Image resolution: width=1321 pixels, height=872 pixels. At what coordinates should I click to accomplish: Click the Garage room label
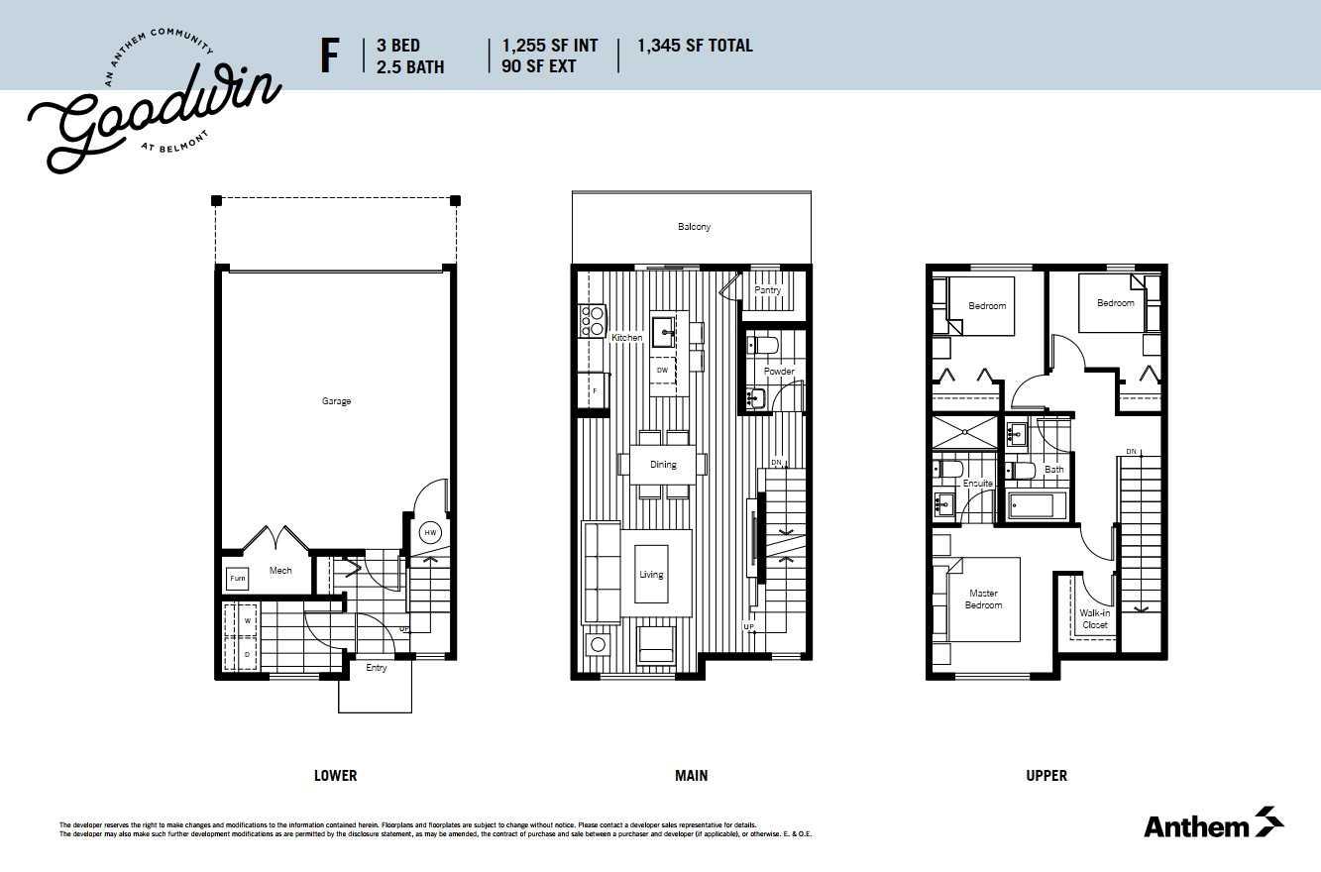click(x=336, y=401)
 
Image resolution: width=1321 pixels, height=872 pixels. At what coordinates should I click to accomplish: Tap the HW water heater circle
click(x=429, y=532)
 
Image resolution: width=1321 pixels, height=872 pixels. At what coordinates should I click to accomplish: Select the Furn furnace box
click(x=237, y=578)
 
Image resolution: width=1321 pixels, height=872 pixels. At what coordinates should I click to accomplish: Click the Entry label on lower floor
click(x=377, y=668)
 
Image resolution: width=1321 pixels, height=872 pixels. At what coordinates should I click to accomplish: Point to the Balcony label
click(x=694, y=227)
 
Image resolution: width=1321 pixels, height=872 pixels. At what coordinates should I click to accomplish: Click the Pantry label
click(x=767, y=290)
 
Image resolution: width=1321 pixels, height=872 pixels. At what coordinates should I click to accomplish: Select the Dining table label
click(x=663, y=464)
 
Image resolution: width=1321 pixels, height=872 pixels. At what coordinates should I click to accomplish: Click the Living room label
click(x=651, y=575)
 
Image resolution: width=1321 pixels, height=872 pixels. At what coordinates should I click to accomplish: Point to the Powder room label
click(x=779, y=372)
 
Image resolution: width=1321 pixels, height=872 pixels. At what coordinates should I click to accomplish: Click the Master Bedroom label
click(x=984, y=599)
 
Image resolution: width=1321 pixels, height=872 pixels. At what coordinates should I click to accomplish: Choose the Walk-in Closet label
click(x=1094, y=619)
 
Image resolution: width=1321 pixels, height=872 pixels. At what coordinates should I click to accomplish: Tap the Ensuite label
click(x=977, y=484)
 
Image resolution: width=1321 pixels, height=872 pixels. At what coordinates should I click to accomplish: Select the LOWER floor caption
click(x=335, y=776)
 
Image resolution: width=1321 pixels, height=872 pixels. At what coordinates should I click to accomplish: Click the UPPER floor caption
click(x=1046, y=776)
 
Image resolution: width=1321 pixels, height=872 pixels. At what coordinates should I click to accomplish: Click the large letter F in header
click(x=329, y=56)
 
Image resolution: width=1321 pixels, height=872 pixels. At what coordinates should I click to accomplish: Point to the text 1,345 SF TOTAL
click(x=695, y=46)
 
